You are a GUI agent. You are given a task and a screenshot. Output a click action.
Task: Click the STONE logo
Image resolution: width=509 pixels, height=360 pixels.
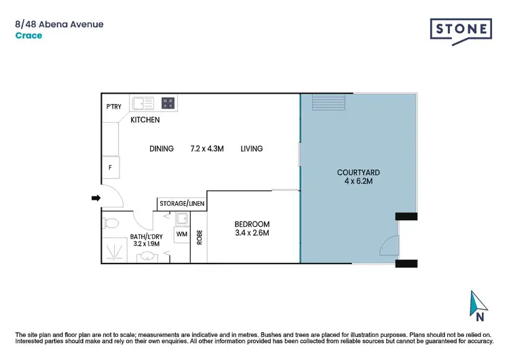pyautogui.click(x=461, y=30)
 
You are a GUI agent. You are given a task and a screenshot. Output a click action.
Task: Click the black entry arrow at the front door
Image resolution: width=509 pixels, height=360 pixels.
pyautogui.click(x=96, y=198)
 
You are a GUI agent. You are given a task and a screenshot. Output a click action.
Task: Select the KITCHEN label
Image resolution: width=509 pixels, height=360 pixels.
pyautogui.click(x=145, y=120)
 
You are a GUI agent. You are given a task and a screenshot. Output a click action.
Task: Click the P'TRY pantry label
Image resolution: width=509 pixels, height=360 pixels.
pyautogui.click(x=113, y=107)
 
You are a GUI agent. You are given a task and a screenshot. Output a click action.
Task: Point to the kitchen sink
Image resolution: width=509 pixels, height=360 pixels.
pyautogui.click(x=143, y=103)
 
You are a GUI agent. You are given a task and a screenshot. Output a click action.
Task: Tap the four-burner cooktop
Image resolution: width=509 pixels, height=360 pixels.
pyautogui.click(x=168, y=103)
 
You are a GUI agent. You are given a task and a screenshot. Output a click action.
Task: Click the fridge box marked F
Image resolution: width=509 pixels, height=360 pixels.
pyautogui.click(x=110, y=167)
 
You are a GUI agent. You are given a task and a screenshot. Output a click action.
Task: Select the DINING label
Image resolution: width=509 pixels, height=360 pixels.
pyautogui.click(x=162, y=149)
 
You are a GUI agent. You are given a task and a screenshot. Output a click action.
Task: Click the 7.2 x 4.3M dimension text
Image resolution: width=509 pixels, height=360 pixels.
pyautogui.click(x=208, y=149)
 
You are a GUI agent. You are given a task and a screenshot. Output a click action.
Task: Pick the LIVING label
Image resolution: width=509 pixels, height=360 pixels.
pyautogui.click(x=251, y=149)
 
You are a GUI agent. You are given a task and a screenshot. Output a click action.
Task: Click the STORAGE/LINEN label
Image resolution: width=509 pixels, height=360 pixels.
pyautogui.click(x=181, y=203)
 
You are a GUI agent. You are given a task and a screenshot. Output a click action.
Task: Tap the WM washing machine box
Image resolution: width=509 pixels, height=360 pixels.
pyautogui.click(x=181, y=234)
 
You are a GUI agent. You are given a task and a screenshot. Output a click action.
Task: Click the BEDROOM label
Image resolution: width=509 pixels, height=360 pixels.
pyautogui.click(x=252, y=224)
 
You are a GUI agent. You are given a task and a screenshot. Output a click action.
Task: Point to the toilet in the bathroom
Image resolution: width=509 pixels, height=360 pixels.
pyautogui.click(x=111, y=222)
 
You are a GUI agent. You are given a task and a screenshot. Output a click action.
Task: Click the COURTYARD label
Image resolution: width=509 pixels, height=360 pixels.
pyautogui.click(x=358, y=172)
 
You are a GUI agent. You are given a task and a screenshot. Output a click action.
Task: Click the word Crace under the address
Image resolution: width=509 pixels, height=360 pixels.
pyautogui.click(x=29, y=35)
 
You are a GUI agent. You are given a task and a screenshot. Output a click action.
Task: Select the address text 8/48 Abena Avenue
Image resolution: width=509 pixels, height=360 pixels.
pyautogui.click(x=59, y=24)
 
